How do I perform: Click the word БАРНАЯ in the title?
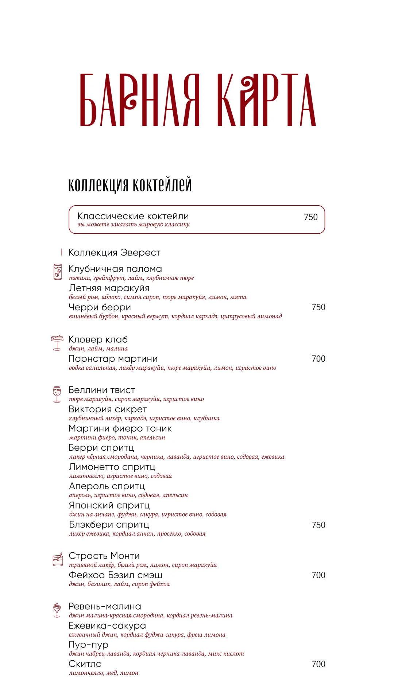pos(140,100)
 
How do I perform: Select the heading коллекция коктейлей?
pos(130,184)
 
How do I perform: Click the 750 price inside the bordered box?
pos(310,217)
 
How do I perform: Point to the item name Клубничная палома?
pos(115,269)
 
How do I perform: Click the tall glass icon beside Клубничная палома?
pos(58,272)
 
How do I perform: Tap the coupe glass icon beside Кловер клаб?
pos(57,343)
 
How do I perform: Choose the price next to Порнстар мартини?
pos(318,359)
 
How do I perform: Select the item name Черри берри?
pos(100,307)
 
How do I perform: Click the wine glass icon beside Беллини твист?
pos(57,394)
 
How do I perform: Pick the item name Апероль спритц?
pos(107,486)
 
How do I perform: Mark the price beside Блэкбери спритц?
pos(318,525)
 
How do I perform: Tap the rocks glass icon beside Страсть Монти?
pos(58,560)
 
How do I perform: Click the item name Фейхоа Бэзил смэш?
pos(115,575)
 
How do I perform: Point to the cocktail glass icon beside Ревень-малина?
pos(57,610)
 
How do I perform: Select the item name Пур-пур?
pos(88,645)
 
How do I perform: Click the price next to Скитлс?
pos(318,664)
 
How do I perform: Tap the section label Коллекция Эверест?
pos(114,253)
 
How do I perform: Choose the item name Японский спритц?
pos(109,506)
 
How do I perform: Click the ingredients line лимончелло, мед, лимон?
pos(104,673)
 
